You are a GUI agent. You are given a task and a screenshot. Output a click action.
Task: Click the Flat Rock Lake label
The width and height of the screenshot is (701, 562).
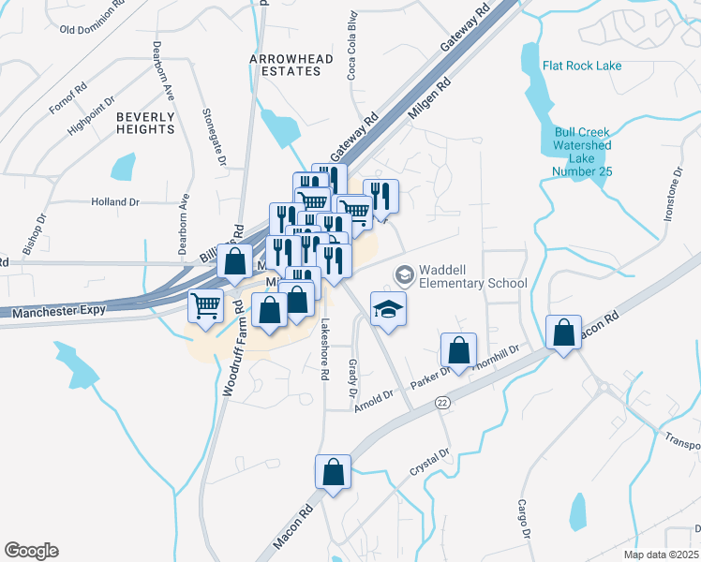[x=581, y=66]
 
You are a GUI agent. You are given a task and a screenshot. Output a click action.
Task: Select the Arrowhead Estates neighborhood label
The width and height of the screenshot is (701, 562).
[x=291, y=65]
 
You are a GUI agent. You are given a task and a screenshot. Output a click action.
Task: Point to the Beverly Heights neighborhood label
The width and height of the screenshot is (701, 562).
[x=145, y=123]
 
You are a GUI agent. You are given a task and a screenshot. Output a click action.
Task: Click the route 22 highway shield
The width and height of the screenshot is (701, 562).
[x=441, y=401]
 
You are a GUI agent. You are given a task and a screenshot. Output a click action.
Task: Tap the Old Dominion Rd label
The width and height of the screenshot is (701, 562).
[x=93, y=29]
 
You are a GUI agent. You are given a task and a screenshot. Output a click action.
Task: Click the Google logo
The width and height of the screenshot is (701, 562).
[x=31, y=550]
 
